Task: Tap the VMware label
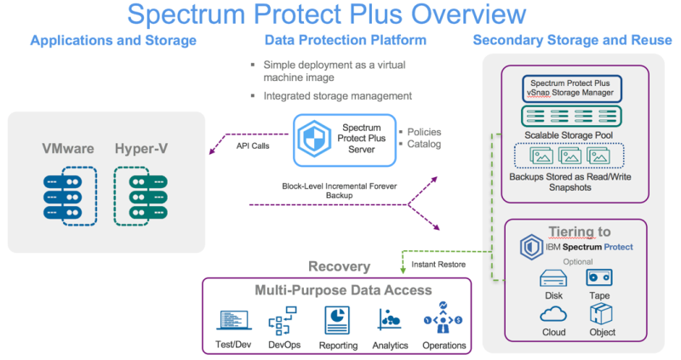pos(68,150)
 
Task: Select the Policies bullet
pos(422,133)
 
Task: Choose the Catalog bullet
pos(422,145)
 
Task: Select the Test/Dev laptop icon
pos(232,322)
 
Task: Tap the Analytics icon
pos(390,322)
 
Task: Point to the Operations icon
pos(443,322)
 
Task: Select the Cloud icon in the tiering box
pos(553,314)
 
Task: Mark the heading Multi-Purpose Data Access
pos(343,290)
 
